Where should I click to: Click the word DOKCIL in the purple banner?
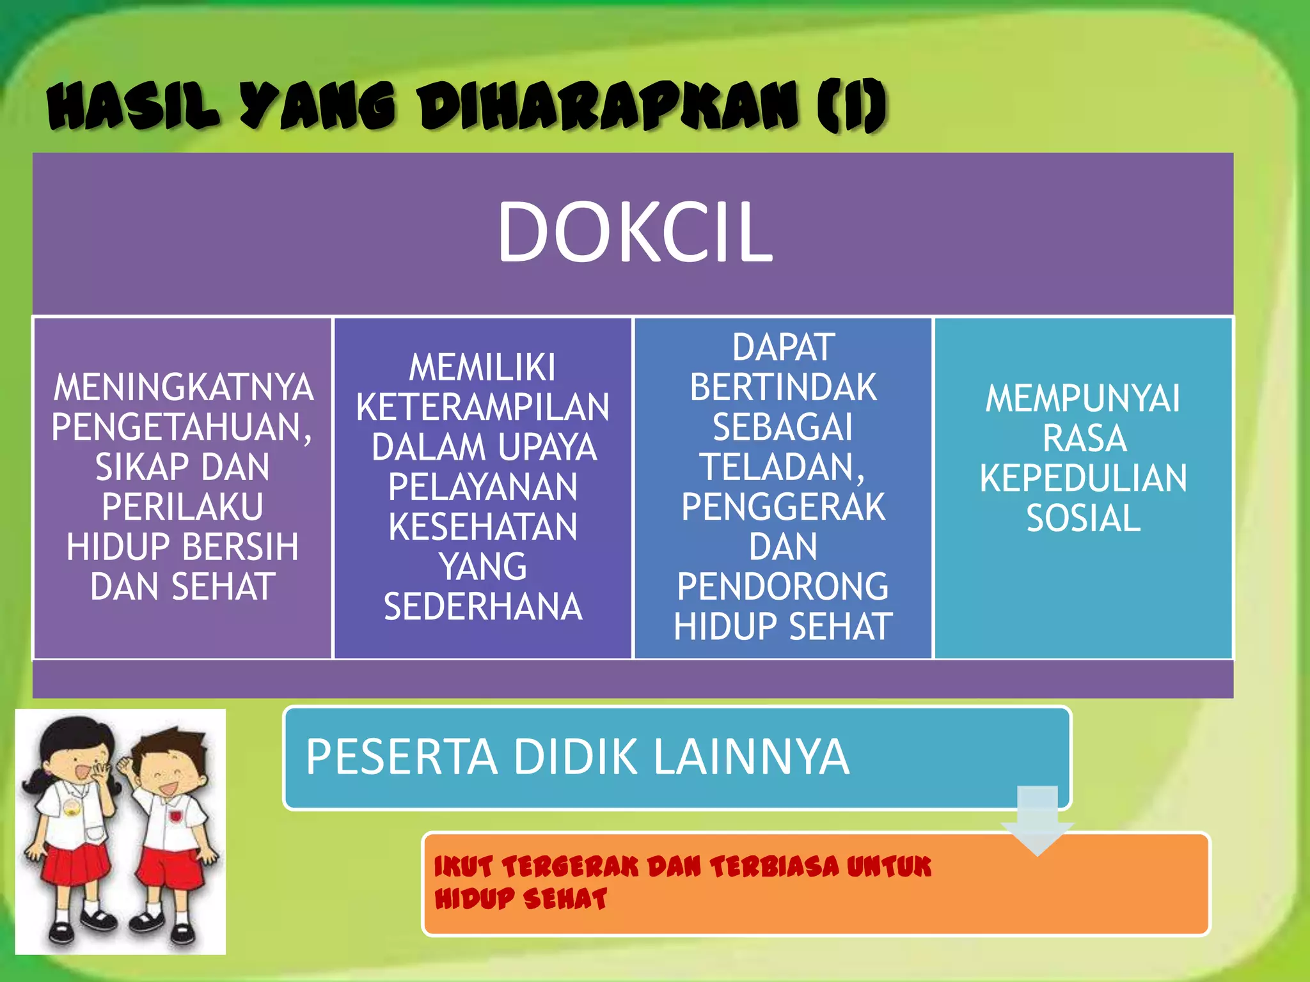tap(635, 231)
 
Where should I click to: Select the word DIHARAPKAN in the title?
tap(608, 106)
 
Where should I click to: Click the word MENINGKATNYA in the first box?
tap(184, 387)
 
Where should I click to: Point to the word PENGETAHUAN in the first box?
tap(179, 427)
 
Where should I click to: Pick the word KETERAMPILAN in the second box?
tap(483, 407)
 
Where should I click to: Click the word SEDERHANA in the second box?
tap(483, 607)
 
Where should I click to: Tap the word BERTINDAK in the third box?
tap(783, 387)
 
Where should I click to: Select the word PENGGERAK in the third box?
tap(783, 507)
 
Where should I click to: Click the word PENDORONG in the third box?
tap(783, 587)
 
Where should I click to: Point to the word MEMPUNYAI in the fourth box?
tap(1083, 398)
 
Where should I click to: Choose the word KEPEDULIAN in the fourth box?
tap(1083, 478)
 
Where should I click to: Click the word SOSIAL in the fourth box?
tap(1083, 518)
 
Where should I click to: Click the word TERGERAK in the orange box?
tap(571, 868)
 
